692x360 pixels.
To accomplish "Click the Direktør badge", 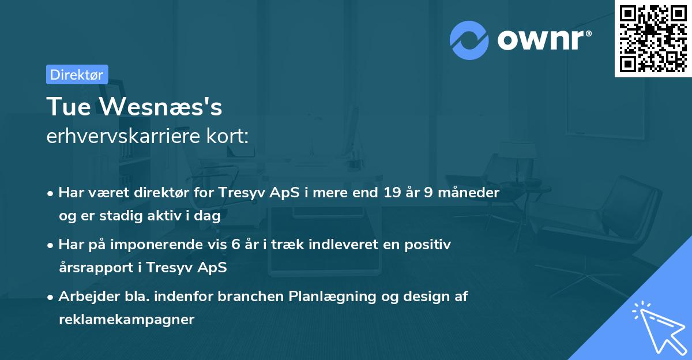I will (77, 74).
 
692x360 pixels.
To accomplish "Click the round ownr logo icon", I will (469, 40).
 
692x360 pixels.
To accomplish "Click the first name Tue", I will (66, 107).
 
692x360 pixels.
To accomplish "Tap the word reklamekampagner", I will (126, 320).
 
